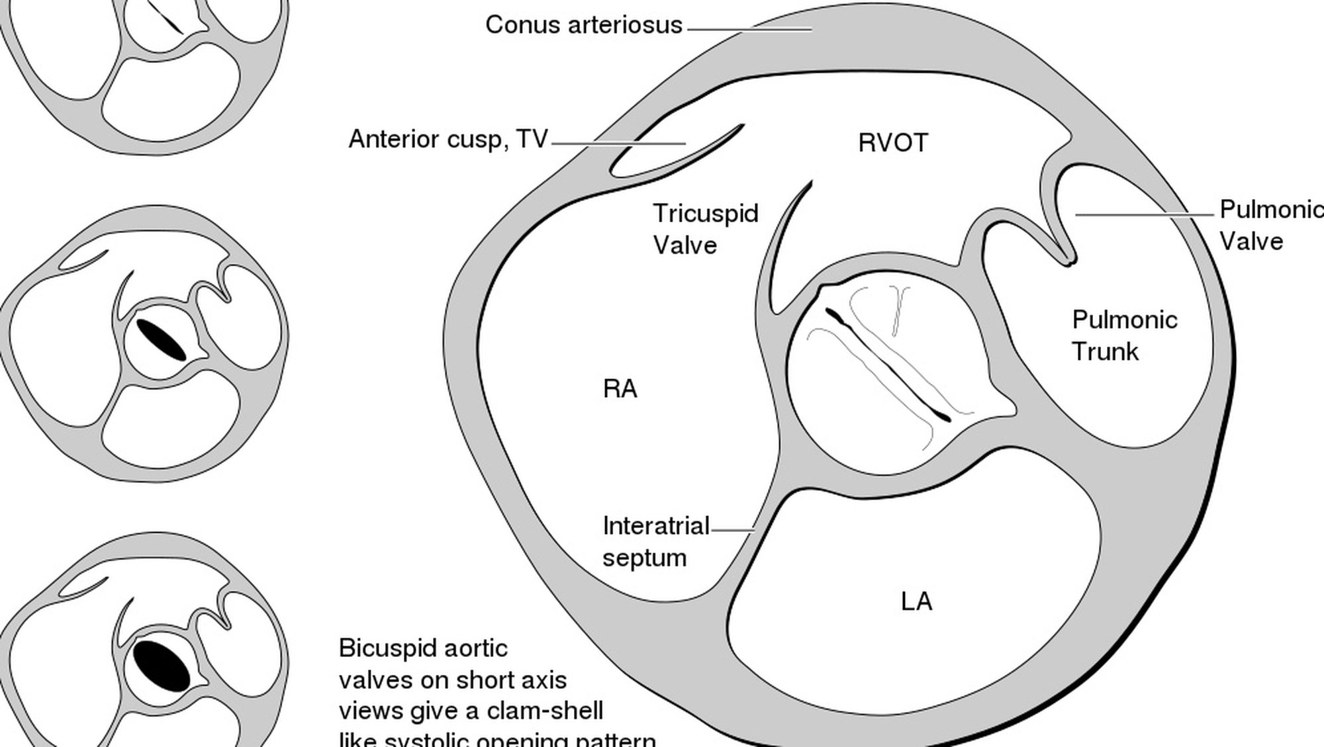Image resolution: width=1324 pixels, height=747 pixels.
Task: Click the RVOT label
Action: [893, 143]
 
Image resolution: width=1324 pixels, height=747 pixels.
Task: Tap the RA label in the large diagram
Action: [620, 389]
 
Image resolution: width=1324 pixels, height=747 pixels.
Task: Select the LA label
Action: [916, 601]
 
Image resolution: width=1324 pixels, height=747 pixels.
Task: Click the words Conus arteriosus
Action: [583, 25]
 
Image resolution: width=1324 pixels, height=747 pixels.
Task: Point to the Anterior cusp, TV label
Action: [448, 140]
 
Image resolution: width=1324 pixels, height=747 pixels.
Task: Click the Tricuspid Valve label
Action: [705, 229]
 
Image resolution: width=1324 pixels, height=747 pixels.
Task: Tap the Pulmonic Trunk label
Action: [1124, 335]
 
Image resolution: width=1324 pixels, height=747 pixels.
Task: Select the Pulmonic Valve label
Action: [1270, 225]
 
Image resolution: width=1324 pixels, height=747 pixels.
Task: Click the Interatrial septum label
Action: [655, 542]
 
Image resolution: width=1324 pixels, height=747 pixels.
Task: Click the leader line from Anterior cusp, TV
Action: [618, 143]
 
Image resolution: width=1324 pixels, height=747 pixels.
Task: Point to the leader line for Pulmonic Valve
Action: [1145, 214]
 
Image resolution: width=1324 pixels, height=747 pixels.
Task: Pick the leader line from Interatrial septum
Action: [732, 530]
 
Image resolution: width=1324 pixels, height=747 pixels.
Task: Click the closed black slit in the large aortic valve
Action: [887, 364]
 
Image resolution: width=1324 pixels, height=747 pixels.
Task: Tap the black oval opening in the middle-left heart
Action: [161, 340]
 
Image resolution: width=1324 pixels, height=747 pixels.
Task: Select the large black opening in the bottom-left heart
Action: [161, 665]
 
